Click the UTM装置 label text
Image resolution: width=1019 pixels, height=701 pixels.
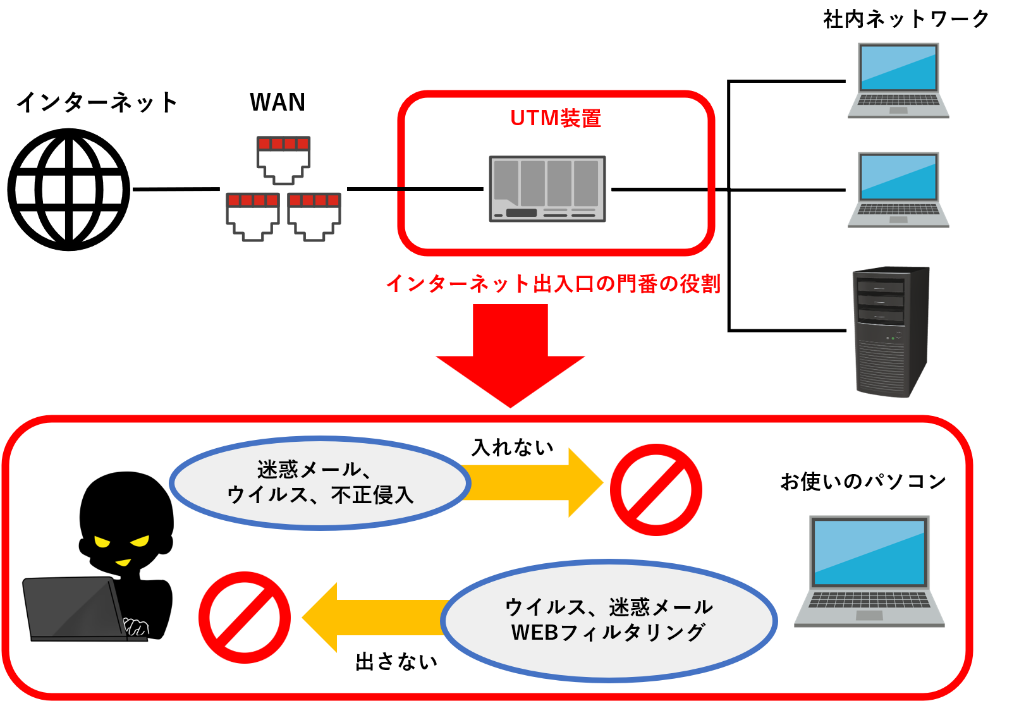coord(556,118)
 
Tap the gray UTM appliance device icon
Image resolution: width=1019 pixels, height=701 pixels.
coord(547,189)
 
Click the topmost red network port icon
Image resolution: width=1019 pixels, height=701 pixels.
coord(283,159)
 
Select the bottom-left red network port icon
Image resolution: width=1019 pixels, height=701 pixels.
coord(252,216)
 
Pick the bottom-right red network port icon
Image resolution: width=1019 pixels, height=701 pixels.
coord(314,216)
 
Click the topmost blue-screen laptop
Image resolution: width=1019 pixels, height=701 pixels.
coord(898,80)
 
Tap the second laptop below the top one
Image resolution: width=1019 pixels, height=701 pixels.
coord(898,190)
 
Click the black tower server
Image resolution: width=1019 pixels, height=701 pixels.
coord(891,332)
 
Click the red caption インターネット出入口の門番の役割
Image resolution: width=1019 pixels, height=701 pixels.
coord(553,283)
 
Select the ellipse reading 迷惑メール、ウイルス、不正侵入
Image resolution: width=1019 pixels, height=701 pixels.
coord(320,482)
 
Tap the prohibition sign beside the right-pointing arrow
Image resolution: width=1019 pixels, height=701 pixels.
coord(656,490)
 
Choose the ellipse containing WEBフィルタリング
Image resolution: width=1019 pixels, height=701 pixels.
coord(609,620)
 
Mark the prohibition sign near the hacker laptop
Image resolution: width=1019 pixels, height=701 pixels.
coord(245,618)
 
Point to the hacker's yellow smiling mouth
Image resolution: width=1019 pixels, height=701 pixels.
coord(123,562)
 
